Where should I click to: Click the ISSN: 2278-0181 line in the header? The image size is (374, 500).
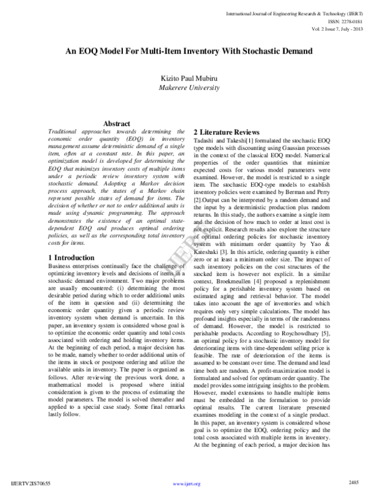point(345,20)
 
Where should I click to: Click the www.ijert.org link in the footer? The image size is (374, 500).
point(187,484)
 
